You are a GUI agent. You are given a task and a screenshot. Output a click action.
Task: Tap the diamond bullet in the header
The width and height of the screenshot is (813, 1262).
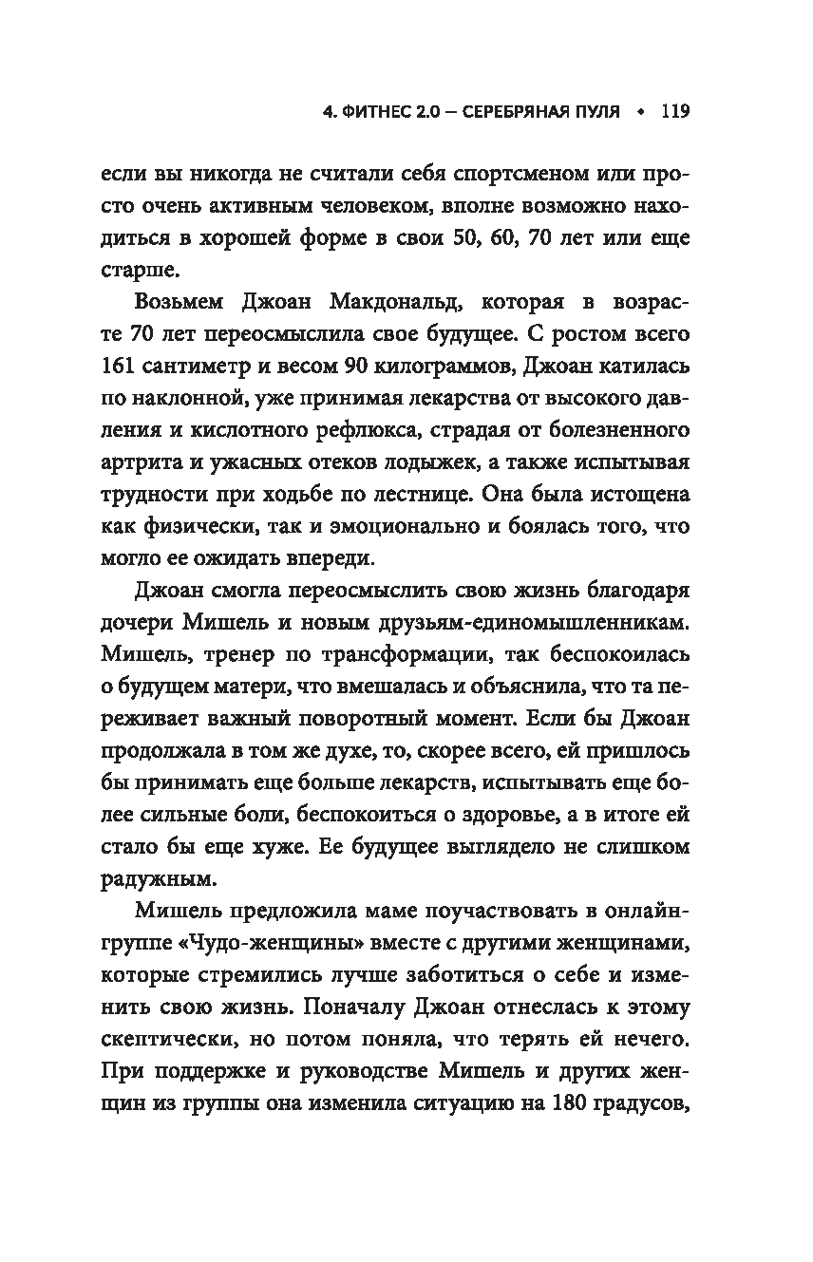point(639,111)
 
